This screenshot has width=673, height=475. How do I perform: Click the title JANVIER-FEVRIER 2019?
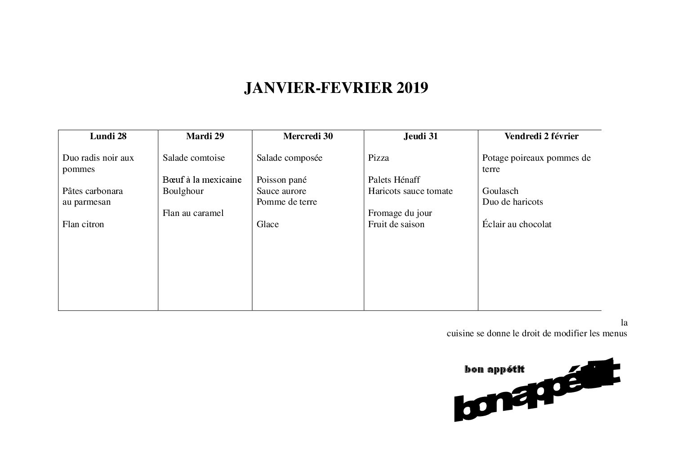pos(336,88)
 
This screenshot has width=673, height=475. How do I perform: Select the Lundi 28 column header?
pos(108,136)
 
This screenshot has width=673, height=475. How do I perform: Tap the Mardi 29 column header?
pos(205,136)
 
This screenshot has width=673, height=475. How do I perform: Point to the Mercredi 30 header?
pos(308,136)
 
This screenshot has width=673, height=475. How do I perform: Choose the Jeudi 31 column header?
pos(421,136)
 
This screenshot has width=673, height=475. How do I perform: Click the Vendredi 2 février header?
pos(541,136)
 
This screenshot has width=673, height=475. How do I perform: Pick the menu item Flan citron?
pos(83,224)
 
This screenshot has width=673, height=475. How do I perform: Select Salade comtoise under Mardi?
pos(194,158)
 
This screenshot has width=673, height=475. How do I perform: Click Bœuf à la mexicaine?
pos(202,180)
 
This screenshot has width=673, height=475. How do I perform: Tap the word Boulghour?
pos(183,191)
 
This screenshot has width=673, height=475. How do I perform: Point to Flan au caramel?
pos(193,213)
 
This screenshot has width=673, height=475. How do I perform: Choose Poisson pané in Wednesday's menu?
pos(281,180)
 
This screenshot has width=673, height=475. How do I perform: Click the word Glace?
pos(267,224)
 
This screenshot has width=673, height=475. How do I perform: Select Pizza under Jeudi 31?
pos(379,158)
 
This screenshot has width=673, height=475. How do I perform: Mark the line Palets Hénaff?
pos(394,180)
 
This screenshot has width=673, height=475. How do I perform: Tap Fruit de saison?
pos(396,224)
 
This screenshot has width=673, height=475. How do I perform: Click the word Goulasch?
pos(500,191)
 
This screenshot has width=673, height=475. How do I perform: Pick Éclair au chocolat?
pos(517,224)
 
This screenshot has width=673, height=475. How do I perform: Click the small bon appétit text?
pos(495,369)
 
